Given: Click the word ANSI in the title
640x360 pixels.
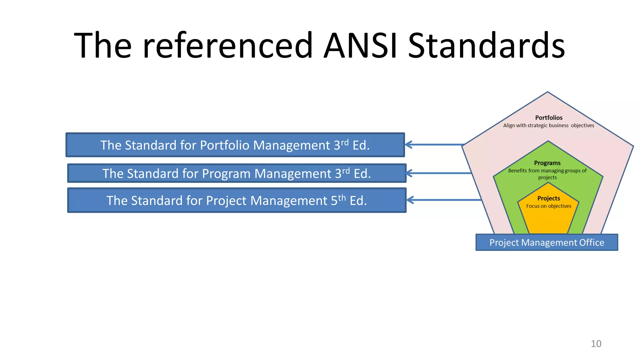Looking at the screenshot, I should [x=360, y=46].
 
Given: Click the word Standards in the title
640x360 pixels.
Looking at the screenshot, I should [x=486, y=46].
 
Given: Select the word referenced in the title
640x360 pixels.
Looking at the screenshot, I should [x=227, y=46].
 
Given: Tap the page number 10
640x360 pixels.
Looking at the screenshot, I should [x=596, y=344].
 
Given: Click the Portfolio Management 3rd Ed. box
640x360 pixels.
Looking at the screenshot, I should [x=235, y=145].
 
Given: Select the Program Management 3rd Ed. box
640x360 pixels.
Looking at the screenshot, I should [x=237, y=173].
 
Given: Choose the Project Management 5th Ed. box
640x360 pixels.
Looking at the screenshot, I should [x=237, y=200].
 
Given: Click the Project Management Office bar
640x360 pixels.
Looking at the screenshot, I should [x=547, y=242].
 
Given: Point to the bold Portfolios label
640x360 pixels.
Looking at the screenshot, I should [x=548, y=118].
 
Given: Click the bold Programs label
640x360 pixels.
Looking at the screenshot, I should [x=547, y=163].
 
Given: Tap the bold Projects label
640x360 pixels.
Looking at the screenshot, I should [x=548, y=198].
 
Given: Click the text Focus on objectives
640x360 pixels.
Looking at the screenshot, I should [x=548, y=206].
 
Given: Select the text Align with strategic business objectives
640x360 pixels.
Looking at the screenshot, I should [x=548, y=126].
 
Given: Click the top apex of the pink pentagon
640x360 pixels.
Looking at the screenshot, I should [x=547, y=92].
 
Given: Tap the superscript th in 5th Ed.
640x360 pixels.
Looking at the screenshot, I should [x=342, y=198].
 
